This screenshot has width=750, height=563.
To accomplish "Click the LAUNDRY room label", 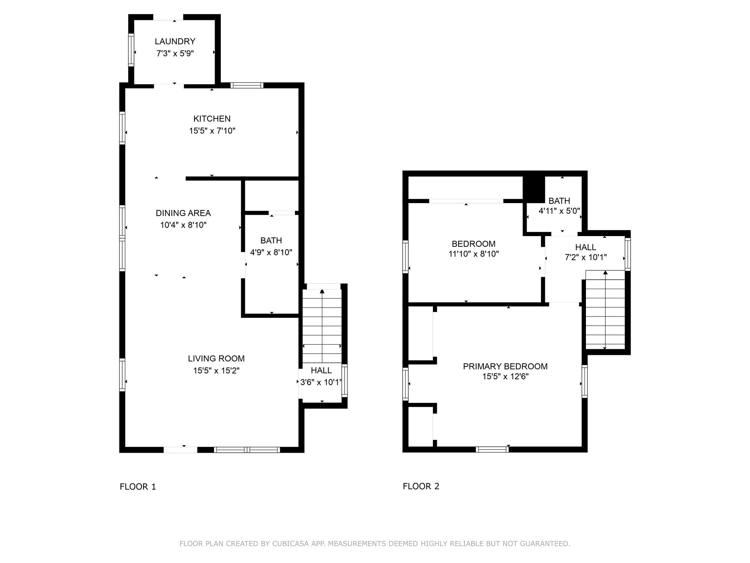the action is pos(175,41).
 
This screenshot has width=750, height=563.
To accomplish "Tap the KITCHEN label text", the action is pos(212,119).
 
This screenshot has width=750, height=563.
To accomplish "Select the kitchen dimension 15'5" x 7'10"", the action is pos(212,131).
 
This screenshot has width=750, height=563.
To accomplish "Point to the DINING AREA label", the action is pos(183,213).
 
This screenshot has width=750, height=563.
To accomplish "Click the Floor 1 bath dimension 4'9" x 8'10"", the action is pos(271,252).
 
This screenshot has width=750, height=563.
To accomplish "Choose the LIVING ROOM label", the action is pos(216,358).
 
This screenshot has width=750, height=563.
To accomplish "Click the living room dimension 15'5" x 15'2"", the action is pos(216,371).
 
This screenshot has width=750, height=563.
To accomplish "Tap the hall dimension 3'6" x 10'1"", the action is pos(321,382).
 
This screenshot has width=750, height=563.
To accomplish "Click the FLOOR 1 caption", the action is pos(138,487).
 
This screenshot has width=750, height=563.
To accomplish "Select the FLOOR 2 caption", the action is pos(421,486).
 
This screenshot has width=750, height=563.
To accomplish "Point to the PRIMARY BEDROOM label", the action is pos(505,366).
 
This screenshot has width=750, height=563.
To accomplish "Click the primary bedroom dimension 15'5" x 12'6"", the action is pos(505,376).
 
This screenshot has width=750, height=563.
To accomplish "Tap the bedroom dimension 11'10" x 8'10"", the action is pos(474,254).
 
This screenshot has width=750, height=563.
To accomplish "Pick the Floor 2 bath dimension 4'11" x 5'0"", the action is pos(559,211).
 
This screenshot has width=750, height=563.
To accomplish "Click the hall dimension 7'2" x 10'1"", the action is pos(586,257).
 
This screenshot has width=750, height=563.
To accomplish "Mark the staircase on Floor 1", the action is pos(322,326).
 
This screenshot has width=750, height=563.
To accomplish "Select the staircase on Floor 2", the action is pos(605,310).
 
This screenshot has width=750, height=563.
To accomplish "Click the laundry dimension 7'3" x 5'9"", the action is pos(175,54).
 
